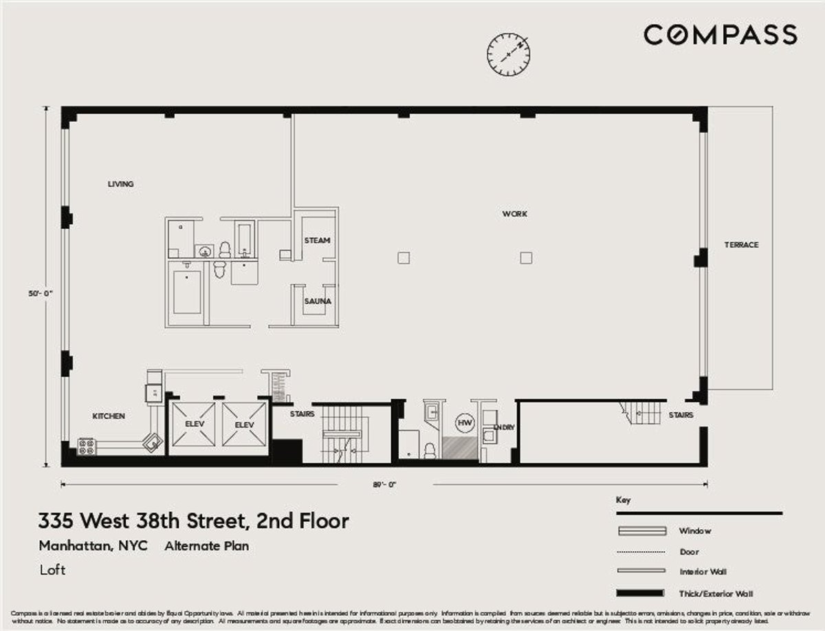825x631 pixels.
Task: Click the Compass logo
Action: coord(720,34)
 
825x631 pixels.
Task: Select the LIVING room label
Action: coord(120,184)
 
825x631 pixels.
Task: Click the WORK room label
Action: coord(514,215)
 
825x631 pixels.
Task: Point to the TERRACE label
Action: coord(741,245)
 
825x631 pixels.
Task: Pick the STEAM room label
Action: coord(317,241)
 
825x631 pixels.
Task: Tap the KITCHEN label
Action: coord(109,416)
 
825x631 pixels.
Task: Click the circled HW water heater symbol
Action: coord(465,423)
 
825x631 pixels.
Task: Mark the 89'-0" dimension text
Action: coord(384,484)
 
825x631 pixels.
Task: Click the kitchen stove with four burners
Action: coord(87,447)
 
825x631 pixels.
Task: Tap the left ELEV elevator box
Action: coord(193,425)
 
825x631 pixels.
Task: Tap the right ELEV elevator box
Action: coord(244,425)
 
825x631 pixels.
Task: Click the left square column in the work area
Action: coord(404,258)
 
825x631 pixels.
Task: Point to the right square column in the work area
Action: coord(526,258)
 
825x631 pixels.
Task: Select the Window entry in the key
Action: coord(694,531)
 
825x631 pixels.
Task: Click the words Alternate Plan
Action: coord(206,546)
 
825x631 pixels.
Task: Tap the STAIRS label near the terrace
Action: coord(681,416)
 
